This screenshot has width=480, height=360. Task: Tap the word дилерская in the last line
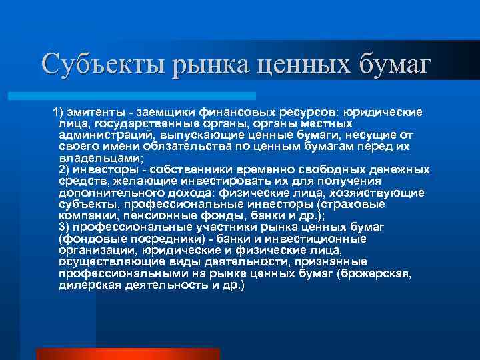(x=87, y=285)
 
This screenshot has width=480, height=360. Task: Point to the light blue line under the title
(x=147, y=95)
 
